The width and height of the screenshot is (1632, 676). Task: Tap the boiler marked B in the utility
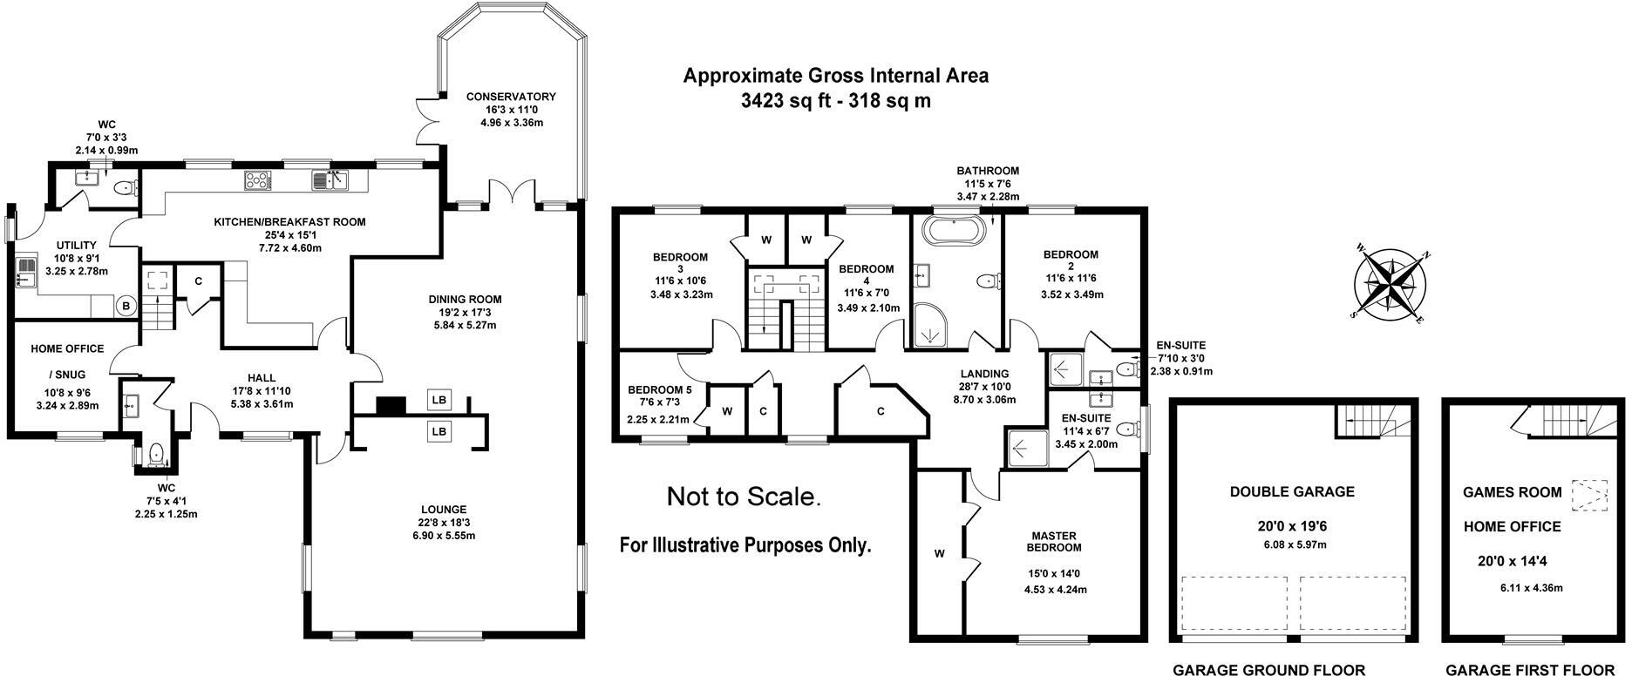[x=126, y=306]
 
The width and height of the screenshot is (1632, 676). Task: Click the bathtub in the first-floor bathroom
[x=955, y=232]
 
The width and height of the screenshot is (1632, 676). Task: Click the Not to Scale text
[x=744, y=497]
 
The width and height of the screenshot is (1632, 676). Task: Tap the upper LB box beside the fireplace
[x=439, y=400]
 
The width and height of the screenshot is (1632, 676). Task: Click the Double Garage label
[x=1292, y=491]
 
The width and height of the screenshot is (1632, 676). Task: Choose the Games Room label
[x=1512, y=492]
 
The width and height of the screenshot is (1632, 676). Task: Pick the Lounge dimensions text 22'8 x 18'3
[x=444, y=523]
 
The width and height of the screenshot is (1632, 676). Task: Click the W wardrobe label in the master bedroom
[x=940, y=553]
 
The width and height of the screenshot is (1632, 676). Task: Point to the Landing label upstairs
[x=985, y=374]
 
